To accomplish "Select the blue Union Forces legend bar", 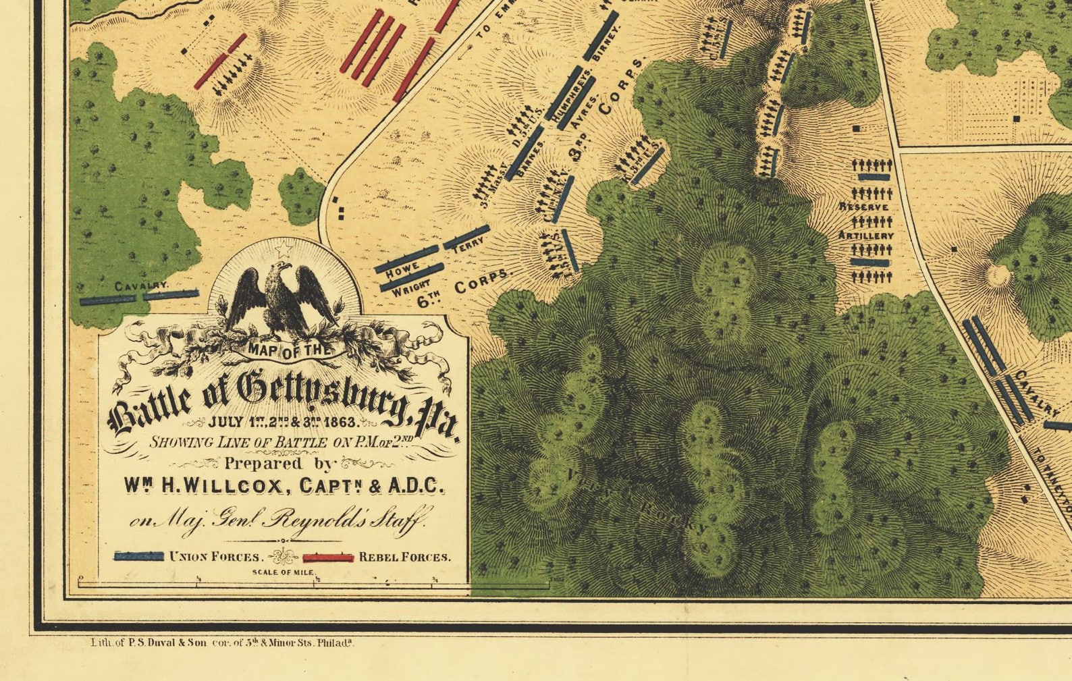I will click(x=139, y=556).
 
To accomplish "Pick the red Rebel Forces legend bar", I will click(x=328, y=557).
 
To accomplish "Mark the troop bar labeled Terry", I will click(x=466, y=236).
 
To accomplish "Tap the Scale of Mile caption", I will click(x=284, y=572).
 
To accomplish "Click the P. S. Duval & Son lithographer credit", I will click(x=223, y=643).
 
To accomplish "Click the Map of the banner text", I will click(x=290, y=350).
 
